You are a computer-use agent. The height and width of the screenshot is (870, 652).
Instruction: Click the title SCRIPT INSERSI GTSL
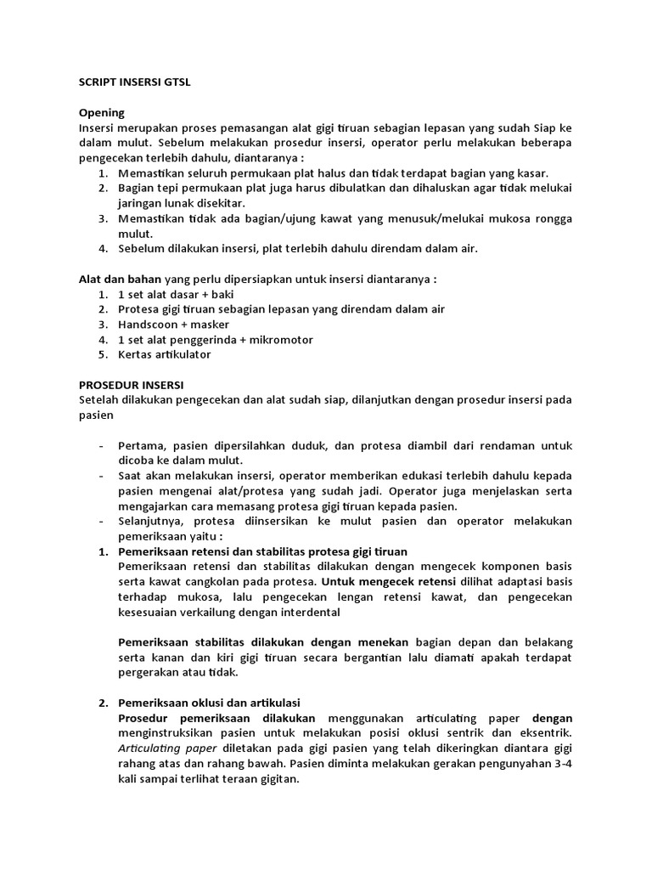tap(140, 82)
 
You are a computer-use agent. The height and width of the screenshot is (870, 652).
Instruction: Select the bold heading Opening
tap(101, 112)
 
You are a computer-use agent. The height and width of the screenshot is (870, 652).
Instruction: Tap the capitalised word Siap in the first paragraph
tap(543, 127)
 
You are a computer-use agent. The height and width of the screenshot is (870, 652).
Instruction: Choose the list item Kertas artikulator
tap(164, 355)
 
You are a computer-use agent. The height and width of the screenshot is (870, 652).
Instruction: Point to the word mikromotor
tap(279, 340)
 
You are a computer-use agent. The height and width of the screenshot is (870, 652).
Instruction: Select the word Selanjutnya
tap(154, 521)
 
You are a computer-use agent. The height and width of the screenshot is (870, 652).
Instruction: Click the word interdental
tap(308, 612)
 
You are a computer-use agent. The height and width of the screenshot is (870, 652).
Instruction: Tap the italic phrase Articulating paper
tap(169, 748)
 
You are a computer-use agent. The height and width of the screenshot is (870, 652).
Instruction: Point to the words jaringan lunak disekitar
tap(181, 203)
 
